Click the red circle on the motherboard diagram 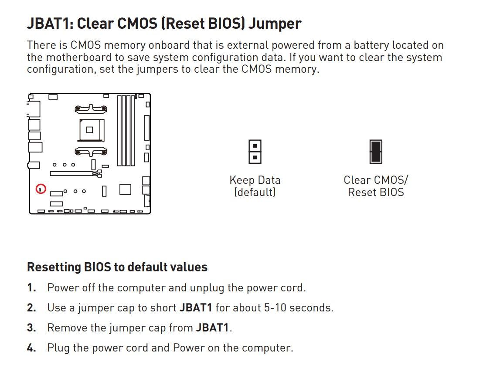(x=41, y=184)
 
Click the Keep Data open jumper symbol (x=255, y=152)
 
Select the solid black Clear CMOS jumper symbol (x=376, y=152)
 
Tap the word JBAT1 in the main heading (x=50, y=24)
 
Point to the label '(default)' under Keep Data (x=255, y=192)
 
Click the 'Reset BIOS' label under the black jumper (x=376, y=192)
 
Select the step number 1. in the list (x=31, y=287)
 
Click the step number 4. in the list (x=31, y=348)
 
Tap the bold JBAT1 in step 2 (x=196, y=308)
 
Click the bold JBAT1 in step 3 (x=212, y=328)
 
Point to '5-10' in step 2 (x=275, y=308)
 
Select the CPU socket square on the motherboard (x=90, y=130)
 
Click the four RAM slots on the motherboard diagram (x=126, y=131)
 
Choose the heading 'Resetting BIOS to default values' (x=117, y=267)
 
